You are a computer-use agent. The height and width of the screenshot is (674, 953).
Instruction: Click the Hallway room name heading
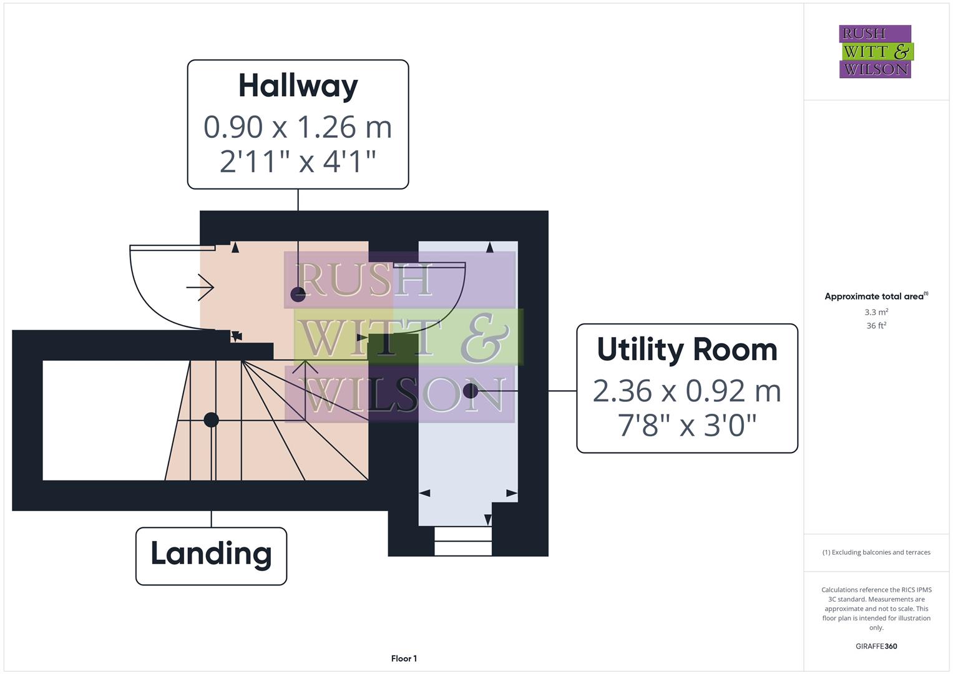(298, 86)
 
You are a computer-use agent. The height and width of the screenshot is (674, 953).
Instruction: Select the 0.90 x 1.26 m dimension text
(298, 127)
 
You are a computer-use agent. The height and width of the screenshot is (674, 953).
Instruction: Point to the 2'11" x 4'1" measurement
(298, 161)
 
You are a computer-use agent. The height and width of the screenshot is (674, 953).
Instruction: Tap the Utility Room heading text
(687, 349)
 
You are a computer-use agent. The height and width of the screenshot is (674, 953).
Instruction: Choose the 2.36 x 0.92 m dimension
(687, 391)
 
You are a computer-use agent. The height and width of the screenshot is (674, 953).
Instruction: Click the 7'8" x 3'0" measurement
(687, 426)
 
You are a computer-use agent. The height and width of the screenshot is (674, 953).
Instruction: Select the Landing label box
(211, 555)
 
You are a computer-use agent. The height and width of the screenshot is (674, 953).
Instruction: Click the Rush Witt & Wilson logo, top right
(875, 52)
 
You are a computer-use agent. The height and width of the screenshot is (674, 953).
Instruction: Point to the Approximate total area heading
(875, 296)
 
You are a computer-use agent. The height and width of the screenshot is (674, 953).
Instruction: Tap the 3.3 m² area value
(876, 312)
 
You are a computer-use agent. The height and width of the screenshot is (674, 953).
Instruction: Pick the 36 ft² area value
(876, 326)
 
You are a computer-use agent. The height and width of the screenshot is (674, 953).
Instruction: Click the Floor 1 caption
(404, 658)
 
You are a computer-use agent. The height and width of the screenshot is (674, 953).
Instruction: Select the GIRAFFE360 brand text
(876, 647)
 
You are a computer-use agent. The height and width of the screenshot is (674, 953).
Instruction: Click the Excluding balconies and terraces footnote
(876, 552)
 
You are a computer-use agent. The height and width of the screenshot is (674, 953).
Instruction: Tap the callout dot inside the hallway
(298, 295)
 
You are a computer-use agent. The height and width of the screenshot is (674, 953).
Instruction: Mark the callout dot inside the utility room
(471, 391)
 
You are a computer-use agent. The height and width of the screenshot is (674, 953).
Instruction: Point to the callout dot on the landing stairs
(211, 419)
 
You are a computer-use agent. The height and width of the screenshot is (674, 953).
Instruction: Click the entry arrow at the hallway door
(200, 288)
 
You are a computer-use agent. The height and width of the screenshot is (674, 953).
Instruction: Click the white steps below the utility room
(462, 540)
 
